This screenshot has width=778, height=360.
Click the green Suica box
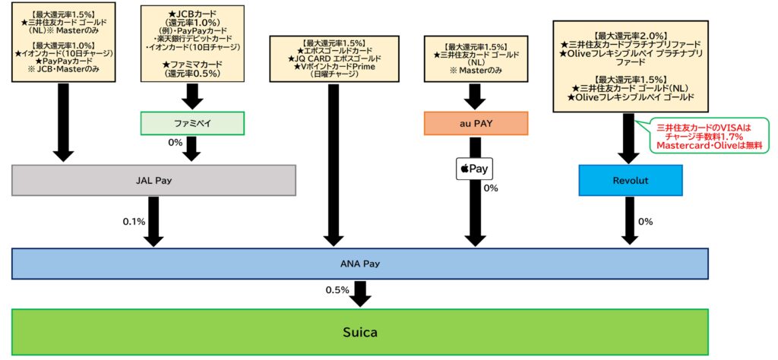360,332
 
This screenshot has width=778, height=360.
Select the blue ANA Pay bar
360,264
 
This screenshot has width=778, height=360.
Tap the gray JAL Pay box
153,181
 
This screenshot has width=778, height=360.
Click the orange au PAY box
475,124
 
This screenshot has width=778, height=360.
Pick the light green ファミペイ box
191,123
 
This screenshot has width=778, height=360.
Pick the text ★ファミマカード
191,64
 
